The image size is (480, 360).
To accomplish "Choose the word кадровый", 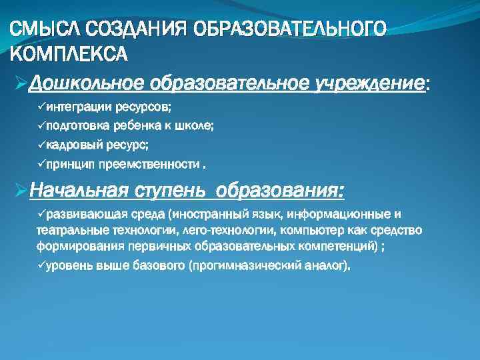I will tap(74, 145).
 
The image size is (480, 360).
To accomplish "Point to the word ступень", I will tap(172, 192).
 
